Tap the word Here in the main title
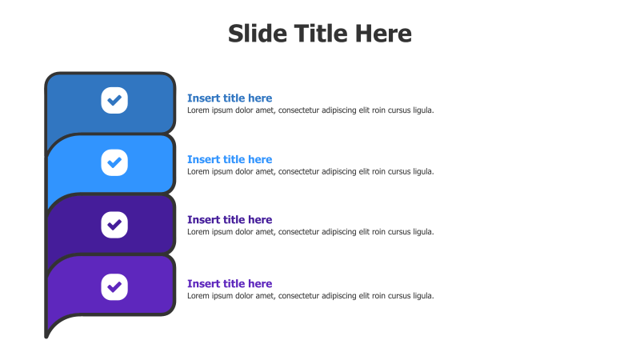(382, 34)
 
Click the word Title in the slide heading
(319, 34)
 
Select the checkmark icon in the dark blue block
(114, 100)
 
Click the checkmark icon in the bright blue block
(114, 162)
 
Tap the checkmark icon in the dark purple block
(114, 224)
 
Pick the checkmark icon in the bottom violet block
(114, 286)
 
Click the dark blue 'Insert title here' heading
(230, 98)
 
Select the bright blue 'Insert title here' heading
(230, 159)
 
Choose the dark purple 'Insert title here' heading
(230, 219)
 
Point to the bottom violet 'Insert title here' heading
(230, 283)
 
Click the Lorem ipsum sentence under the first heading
(310, 110)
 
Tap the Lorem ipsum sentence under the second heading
(310, 171)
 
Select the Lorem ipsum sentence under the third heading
(310, 232)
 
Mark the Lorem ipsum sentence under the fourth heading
(310, 296)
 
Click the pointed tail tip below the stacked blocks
(46, 334)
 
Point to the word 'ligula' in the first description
(422, 110)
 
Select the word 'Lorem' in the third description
(198, 232)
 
